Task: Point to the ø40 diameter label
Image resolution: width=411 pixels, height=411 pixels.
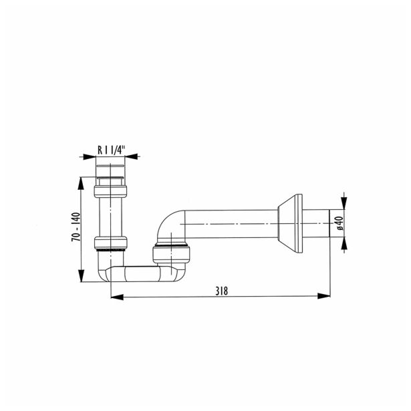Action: (x=339, y=223)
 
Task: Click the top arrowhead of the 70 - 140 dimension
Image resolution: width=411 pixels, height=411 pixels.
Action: (x=82, y=180)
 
